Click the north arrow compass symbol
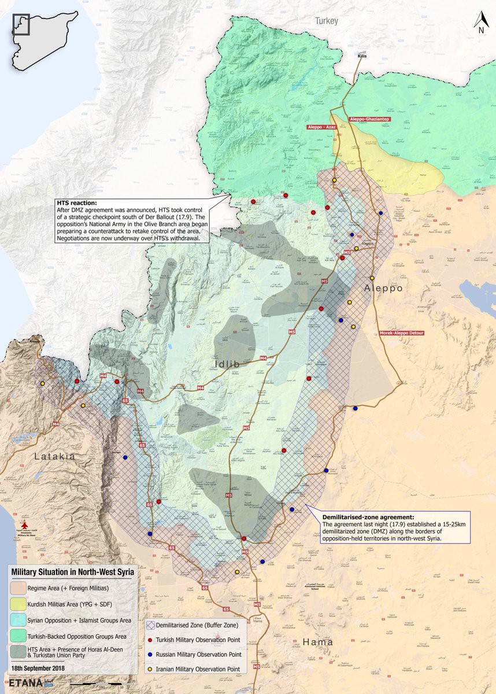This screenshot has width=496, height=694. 480,23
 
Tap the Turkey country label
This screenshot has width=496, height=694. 325,21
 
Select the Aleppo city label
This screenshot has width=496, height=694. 383,287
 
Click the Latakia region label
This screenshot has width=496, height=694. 55,456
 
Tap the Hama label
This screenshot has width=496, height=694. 317,642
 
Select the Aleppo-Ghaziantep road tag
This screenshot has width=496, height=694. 369,119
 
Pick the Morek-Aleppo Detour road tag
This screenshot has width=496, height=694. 402,334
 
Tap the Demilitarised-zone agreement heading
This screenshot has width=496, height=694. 361,516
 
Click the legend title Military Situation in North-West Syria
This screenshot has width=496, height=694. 73,572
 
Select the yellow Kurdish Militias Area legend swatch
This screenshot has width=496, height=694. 18,604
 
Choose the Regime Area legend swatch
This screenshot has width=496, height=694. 18,588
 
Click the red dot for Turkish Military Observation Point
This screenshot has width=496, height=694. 150,640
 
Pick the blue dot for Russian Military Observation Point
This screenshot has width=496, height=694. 150,654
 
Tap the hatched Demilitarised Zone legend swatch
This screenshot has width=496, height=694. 150,625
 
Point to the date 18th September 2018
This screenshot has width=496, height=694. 39,668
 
